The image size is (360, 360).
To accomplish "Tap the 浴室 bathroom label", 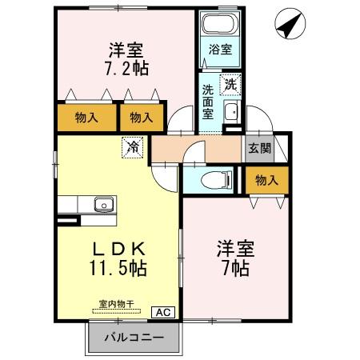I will [x=219, y=49].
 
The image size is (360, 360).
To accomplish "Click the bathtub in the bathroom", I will [x=219, y=25].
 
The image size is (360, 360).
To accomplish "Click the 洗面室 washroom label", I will [x=209, y=101].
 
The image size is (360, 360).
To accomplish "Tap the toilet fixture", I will [x=218, y=178].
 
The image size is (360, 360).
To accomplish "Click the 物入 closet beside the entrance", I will [x=266, y=181].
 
